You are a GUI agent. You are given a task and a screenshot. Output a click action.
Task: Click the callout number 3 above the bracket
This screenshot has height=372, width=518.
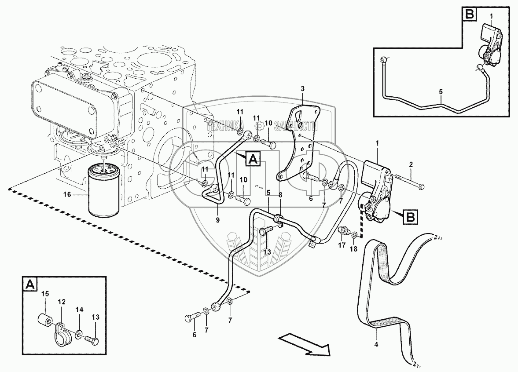[302, 90]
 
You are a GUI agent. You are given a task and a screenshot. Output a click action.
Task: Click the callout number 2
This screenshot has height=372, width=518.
[411, 165]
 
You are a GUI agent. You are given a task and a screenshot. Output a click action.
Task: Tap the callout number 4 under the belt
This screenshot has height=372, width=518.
[376, 344]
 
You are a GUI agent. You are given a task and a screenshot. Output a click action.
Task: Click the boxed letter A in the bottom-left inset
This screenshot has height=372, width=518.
[29, 285]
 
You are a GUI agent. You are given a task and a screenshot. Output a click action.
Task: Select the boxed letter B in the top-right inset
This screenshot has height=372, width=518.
[469, 15]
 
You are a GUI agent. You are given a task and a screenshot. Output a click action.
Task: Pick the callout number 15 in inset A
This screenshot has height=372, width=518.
[44, 294]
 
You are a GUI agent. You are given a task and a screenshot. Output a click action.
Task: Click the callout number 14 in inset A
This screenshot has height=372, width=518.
[79, 310]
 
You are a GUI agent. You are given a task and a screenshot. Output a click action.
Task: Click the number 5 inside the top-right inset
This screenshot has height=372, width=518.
[441, 91]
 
